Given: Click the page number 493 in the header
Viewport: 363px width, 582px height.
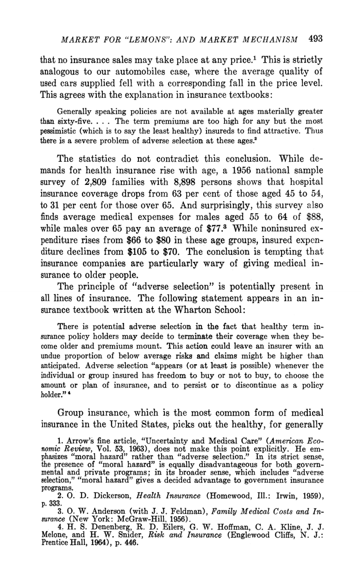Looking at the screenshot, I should (x=315, y=38).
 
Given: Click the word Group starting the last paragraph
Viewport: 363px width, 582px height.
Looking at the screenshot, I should (x=70, y=413).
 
